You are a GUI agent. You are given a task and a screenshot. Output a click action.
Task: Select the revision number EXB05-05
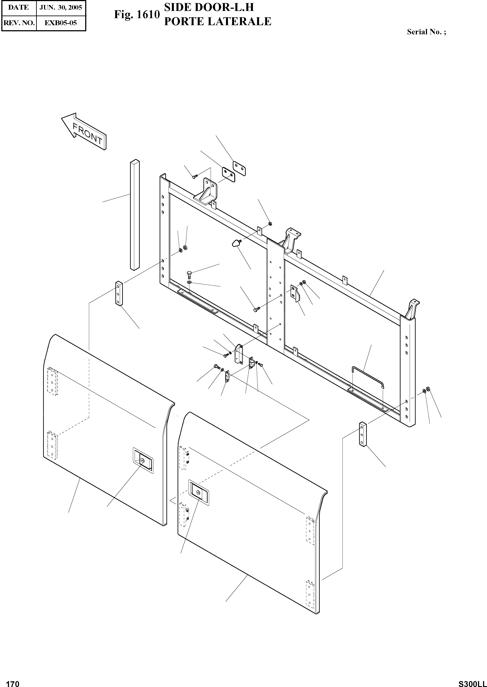coord(61,23)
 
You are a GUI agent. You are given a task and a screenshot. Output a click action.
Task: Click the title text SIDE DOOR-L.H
coord(209,7)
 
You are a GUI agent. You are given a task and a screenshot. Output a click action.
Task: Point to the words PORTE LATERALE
coord(218,22)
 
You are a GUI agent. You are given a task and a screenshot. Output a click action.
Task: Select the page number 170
coord(13,681)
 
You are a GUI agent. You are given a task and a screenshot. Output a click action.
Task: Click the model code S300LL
coord(472,681)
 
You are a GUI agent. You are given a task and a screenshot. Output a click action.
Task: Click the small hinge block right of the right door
coord(363,434)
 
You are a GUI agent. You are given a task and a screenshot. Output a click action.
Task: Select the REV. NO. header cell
coord(19,23)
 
